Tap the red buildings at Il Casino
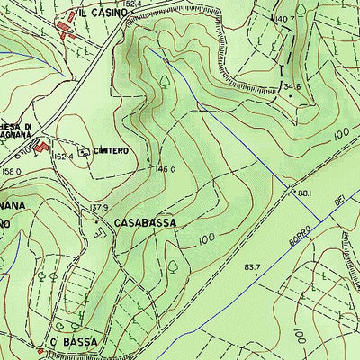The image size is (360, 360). pyautogui.click(x=66, y=27)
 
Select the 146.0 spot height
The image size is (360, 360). pyautogui.click(x=165, y=168)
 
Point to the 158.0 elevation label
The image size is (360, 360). pyautogui.click(x=11, y=171)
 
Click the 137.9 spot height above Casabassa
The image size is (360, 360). pyautogui.click(x=99, y=207)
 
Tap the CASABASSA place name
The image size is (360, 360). pyautogui.click(x=144, y=220)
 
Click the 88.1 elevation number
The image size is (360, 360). pyautogui.click(x=304, y=193)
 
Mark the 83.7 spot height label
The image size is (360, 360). pyautogui.click(x=251, y=266)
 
